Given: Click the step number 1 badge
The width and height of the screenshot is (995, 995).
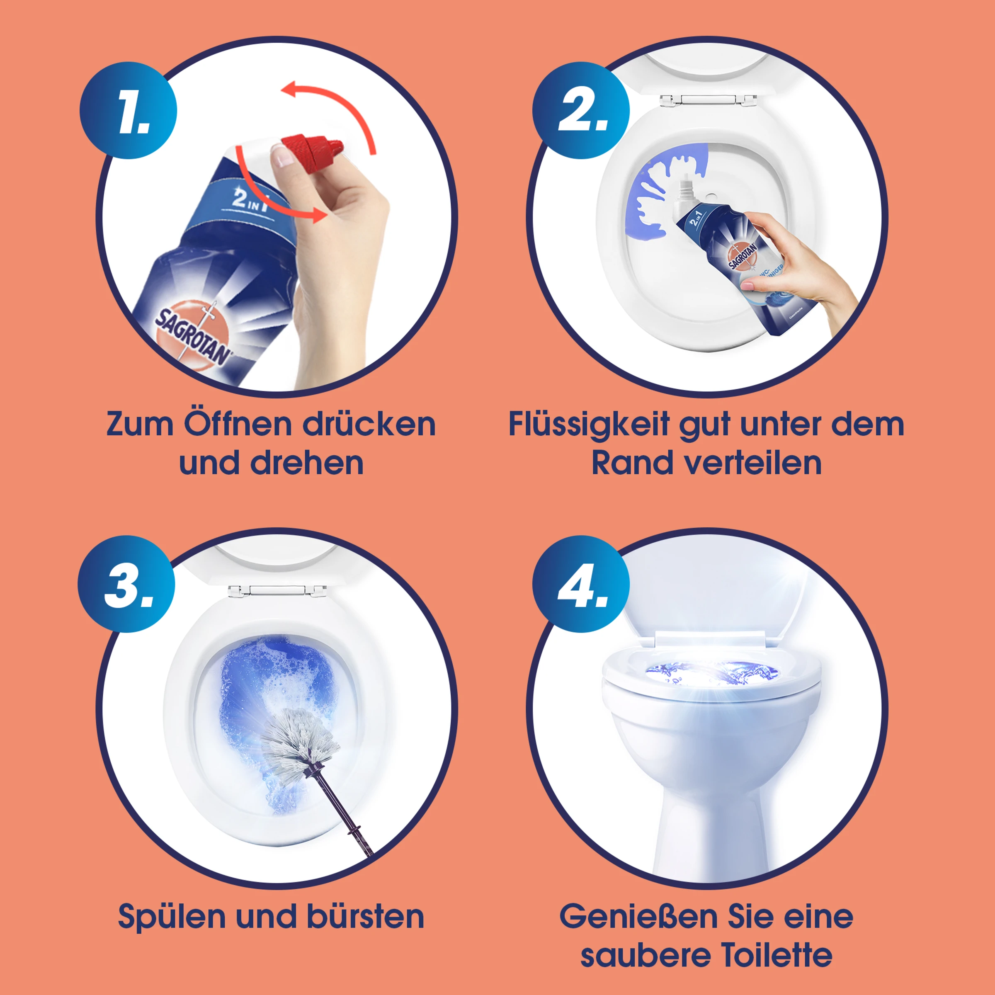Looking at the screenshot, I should pos(128,110).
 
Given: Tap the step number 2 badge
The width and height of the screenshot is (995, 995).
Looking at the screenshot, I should pos(581,110).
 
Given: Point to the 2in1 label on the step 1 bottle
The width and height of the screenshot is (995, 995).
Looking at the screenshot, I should pos(251,200).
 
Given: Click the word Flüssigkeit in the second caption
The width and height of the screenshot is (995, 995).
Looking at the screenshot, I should pos(589,425).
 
